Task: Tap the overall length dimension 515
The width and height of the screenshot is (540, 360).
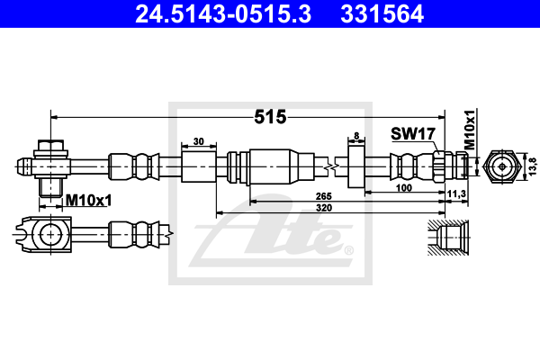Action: (x=270, y=117)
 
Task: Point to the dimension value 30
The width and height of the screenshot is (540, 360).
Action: (x=199, y=141)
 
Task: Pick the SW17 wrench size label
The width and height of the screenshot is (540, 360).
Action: (x=413, y=133)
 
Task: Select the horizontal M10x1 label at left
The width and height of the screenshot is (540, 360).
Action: (x=87, y=201)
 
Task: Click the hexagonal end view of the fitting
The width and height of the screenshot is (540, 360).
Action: (x=499, y=166)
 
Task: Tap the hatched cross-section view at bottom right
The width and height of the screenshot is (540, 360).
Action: (x=446, y=238)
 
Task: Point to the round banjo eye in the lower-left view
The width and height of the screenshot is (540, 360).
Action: (x=48, y=236)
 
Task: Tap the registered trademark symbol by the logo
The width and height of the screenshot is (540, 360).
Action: (x=349, y=249)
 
